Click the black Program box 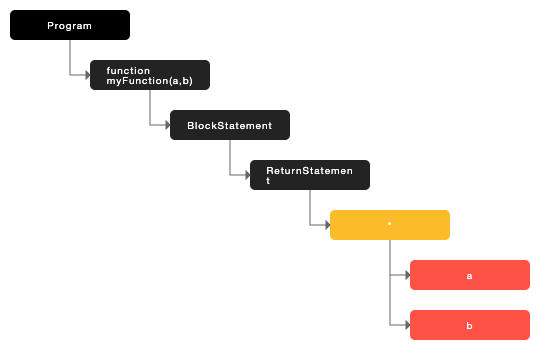(70, 25)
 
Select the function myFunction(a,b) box (150, 75)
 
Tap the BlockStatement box (230, 125)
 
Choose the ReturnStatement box (310, 175)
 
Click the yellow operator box (390, 225)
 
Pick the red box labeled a (470, 275)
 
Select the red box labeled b (470, 325)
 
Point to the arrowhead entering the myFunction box (87, 75)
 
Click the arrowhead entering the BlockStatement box (167, 125)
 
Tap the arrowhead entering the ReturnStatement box (247, 175)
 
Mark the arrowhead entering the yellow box (327, 225)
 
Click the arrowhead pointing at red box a (407, 275)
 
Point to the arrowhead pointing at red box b (407, 325)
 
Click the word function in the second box (128, 70)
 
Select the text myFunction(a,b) (149, 80)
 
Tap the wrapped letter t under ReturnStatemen (268, 181)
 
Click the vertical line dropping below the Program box (70, 57)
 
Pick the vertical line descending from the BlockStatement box (230, 157)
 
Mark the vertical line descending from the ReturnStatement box (310, 207)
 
